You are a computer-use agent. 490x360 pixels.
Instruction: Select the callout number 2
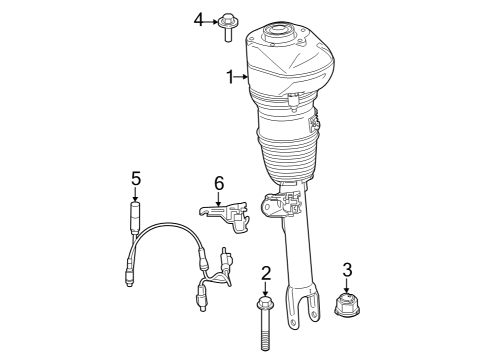coord(265,273)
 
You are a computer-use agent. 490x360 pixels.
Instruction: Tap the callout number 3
coord(347,268)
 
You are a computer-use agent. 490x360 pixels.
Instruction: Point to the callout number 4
coord(199,18)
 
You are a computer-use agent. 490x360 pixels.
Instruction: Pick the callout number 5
coord(136,178)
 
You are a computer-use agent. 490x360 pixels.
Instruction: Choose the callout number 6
coord(219,182)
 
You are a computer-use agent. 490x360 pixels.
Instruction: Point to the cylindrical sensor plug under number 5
coord(137,216)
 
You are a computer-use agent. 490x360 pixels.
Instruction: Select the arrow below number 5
coord(136,194)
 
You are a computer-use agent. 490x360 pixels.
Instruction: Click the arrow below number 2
coord(265,288)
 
